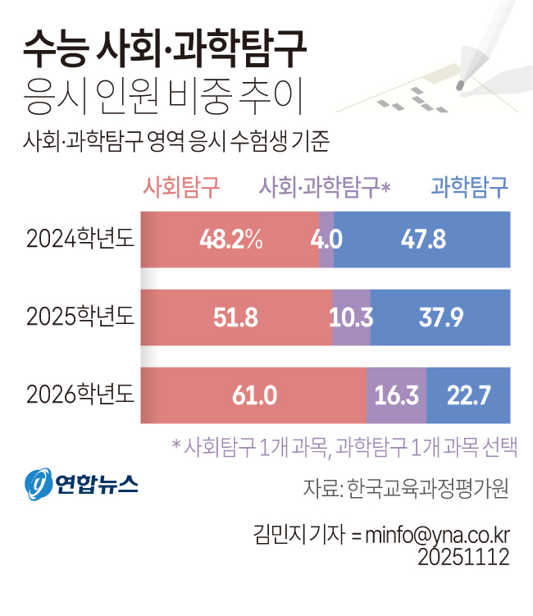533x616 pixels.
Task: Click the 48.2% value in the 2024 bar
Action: click(x=230, y=239)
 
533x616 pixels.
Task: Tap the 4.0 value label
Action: click(x=326, y=239)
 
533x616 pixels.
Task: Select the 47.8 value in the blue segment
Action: click(x=423, y=239)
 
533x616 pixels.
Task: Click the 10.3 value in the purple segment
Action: click(x=352, y=317)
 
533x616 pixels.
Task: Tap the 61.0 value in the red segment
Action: click(x=253, y=395)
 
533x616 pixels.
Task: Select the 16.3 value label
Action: click(x=396, y=395)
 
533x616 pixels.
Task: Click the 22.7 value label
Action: click(x=468, y=395)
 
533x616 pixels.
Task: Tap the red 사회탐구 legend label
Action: click(x=182, y=188)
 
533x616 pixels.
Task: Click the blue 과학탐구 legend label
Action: click(x=470, y=188)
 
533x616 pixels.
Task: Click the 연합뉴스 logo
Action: click(x=81, y=485)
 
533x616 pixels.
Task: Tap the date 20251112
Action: click(x=463, y=557)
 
